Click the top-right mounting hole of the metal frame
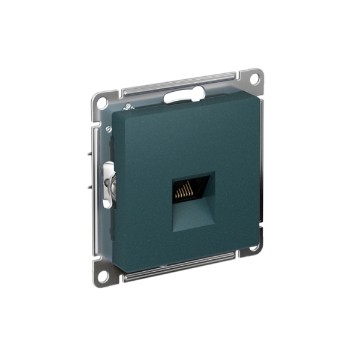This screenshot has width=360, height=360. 254,79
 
